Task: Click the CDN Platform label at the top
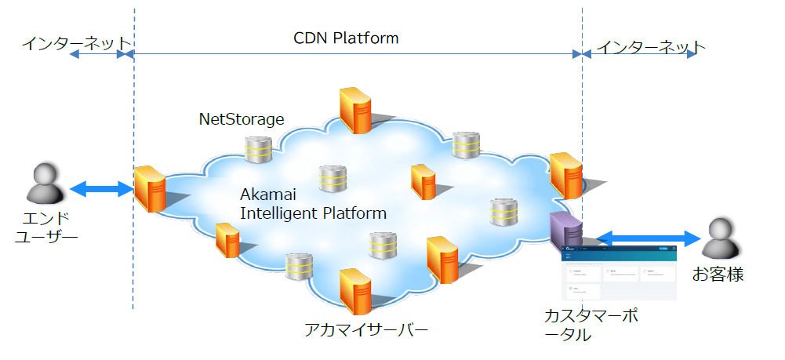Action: click(x=346, y=38)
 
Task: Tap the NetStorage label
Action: click(x=241, y=119)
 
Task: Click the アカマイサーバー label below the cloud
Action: click(x=366, y=330)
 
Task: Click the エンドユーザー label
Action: click(x=46, y=225)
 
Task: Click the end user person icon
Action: click(x=45, y=184)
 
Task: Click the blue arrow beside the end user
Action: click(x=101, y=188)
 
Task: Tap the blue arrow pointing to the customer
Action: click(x=648, y=237)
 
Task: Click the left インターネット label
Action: click(x=75, y=42)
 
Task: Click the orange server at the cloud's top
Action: click(x=354, y=110)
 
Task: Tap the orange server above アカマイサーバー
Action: click(x=355, y=290)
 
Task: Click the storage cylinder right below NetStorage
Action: click(x=257, y=149)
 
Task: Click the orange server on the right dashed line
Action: click(x=565, y=175)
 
